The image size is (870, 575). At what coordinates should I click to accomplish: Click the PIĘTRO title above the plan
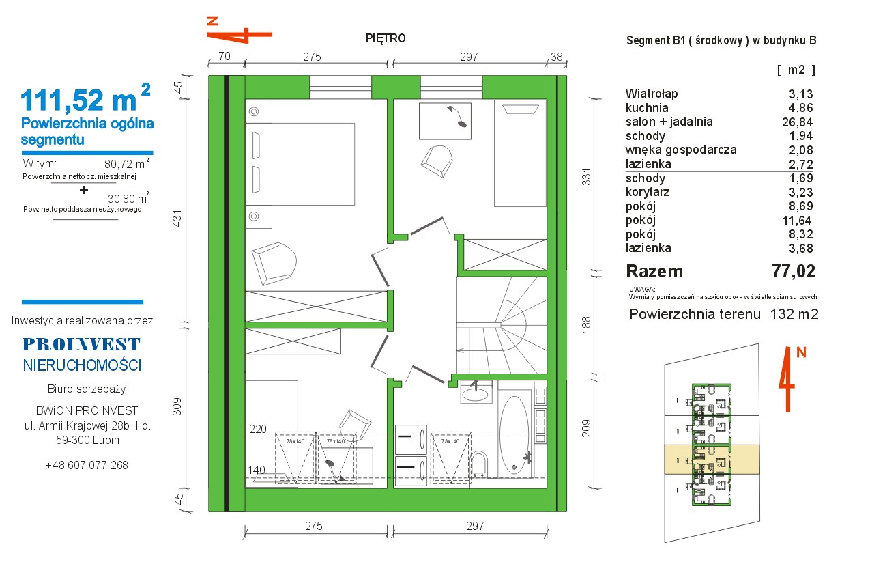386,38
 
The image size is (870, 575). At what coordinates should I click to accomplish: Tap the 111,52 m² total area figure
85,98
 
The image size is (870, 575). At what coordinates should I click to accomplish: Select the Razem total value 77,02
794,271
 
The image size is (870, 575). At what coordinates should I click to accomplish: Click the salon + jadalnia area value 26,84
797,122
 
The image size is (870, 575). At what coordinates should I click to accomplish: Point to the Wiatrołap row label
652,94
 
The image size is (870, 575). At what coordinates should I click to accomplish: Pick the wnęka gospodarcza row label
681,150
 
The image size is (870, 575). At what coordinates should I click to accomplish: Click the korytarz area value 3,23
800,192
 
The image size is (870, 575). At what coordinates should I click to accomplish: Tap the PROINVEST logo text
81,344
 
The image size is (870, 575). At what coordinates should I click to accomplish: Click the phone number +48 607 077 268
87,465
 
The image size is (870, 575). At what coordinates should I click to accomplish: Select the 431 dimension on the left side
177,219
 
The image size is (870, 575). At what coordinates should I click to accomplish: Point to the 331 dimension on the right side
586,177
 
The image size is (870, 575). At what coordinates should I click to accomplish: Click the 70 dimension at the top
224,57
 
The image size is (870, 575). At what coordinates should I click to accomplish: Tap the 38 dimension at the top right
557,57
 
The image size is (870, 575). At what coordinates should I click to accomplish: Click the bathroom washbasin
475,393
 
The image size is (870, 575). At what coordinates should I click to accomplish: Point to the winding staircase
502,325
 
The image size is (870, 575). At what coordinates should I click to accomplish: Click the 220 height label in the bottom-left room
258,429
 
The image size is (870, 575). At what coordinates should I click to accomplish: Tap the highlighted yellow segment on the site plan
712,459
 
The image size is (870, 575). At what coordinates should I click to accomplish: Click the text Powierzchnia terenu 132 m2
724,314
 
